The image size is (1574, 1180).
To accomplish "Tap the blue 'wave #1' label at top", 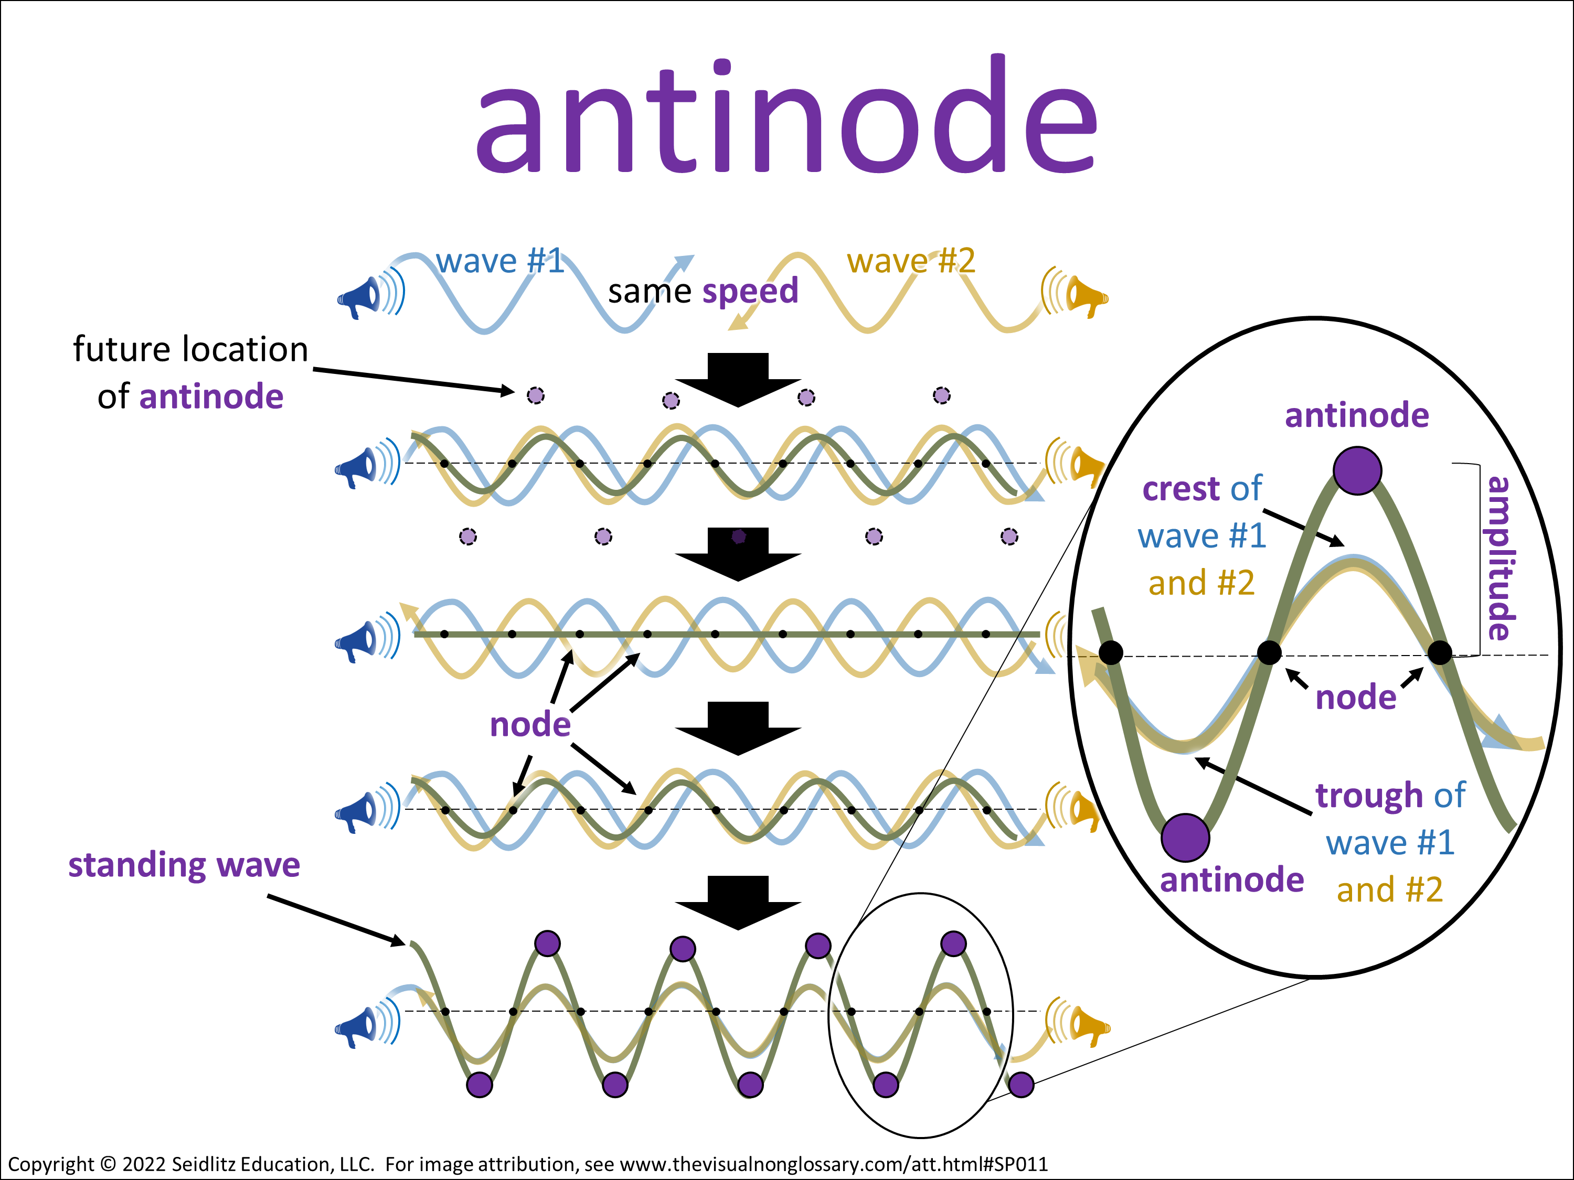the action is (500, 261).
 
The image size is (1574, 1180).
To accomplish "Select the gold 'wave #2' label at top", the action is (911, 261).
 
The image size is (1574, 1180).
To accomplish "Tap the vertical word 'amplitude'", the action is (1500, 559).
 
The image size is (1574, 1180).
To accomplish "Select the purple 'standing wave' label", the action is (184, 866).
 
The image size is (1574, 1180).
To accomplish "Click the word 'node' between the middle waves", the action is (530, 725).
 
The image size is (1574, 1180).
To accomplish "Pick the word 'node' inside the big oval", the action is (1356, 698).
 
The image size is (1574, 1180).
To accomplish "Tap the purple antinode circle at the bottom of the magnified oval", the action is (1185, 838).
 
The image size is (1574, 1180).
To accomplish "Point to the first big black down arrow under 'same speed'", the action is (738, 380).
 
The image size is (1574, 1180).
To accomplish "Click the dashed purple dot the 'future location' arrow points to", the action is (535, 395).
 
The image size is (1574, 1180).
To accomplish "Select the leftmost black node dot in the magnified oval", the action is (1111, 652).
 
